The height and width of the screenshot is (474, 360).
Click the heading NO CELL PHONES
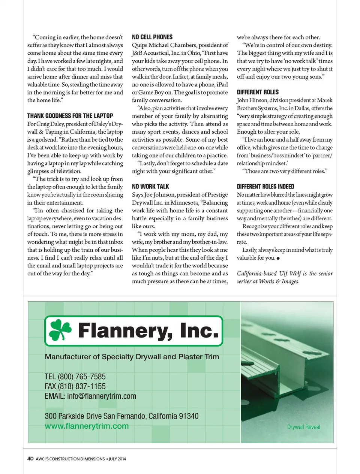[152, 37]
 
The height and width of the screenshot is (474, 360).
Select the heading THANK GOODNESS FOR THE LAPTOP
[70, 116]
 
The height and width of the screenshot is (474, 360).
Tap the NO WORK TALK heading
[150, 187]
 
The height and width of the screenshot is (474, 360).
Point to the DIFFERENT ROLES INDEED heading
[265, 187]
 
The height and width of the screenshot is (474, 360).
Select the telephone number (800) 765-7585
[81, 377]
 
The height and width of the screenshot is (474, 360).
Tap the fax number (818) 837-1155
[81, 386]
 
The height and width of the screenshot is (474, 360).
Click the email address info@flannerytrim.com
[101, 396]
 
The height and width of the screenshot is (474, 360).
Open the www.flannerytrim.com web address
[87, 426]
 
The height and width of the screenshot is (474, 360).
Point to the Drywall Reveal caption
[303, 427]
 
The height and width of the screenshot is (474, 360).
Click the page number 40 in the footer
[30, 459]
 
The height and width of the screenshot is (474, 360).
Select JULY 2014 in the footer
[117, 459]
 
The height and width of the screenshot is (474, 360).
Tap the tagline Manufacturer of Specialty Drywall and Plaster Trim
[132, 357]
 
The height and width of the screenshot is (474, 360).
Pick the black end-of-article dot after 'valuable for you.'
[278, 258]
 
